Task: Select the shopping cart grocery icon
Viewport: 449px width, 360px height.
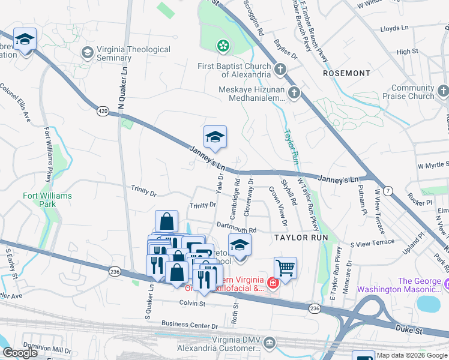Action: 285,267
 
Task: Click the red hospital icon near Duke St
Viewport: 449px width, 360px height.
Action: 273,282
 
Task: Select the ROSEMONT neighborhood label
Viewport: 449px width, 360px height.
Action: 346,73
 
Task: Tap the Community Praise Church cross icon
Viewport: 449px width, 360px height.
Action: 443,91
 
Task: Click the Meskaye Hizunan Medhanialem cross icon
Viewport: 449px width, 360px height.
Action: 294,92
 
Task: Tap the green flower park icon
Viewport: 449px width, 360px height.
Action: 223,46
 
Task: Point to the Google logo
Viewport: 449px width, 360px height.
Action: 20,353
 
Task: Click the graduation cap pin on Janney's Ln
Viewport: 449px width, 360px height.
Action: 215,137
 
